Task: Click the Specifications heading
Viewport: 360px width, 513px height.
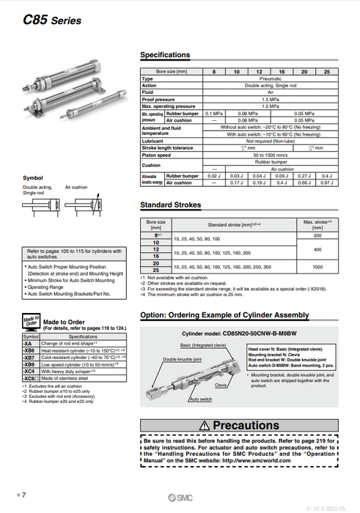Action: [164, 55]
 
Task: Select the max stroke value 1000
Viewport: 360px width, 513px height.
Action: [319, 267]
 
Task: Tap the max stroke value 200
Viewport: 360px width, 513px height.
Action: [319, 236]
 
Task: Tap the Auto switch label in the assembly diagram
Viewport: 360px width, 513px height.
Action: [200, 399]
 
